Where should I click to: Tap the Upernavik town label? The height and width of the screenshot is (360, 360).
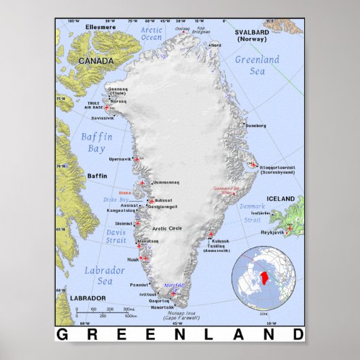pyautogui.click(x=120, y=159)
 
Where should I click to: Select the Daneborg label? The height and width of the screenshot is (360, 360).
pyautogui.click(x=256, y=126)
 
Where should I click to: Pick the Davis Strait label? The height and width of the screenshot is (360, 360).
pyautogui.click(x=96, y=236)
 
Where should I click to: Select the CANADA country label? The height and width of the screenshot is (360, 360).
pyautogui.click(x=96, y=60)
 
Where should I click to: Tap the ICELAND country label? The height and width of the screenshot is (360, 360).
pyautogui.click(x=280, y=199)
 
